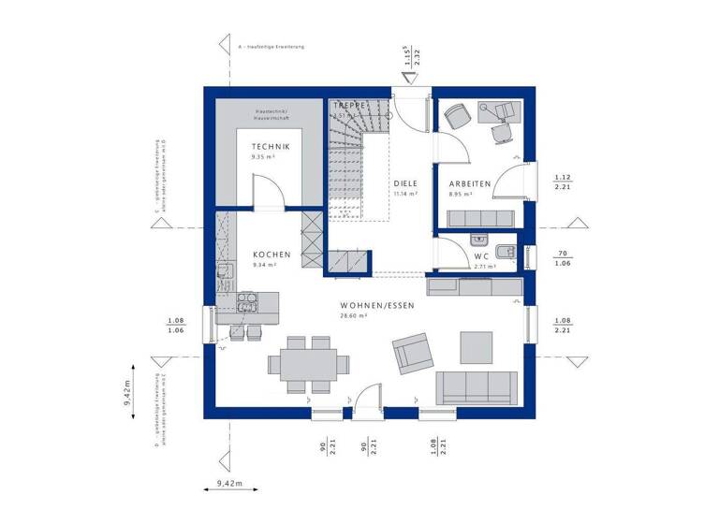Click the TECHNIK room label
pyautogui.click(x=271, y=147)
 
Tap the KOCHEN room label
pyautogui.click(x=271, y=255)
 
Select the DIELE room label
pyautogui.click(x=404, y=183)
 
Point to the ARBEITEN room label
pyautogui.click(x=470, y=184)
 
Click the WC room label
pyautogui.click(x=482, y=255)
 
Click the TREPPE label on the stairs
pyautogui.click(x=347, y=107)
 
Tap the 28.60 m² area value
pyautogui.click(x=354, y=316)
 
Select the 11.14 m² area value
pyautogui.click(x=404, y=194)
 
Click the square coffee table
pyautogui.click(x=475, y=346)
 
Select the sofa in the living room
pyautogui.click(x=477, y=386)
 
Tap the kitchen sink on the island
pyautogui.click(x=248, y=301)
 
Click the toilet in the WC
pyautogui.click(x=507, y=251)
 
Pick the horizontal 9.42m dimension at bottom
pyautogui.click(x=224, y=484)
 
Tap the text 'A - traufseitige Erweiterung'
pyautogui.click(x=272, y=46)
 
